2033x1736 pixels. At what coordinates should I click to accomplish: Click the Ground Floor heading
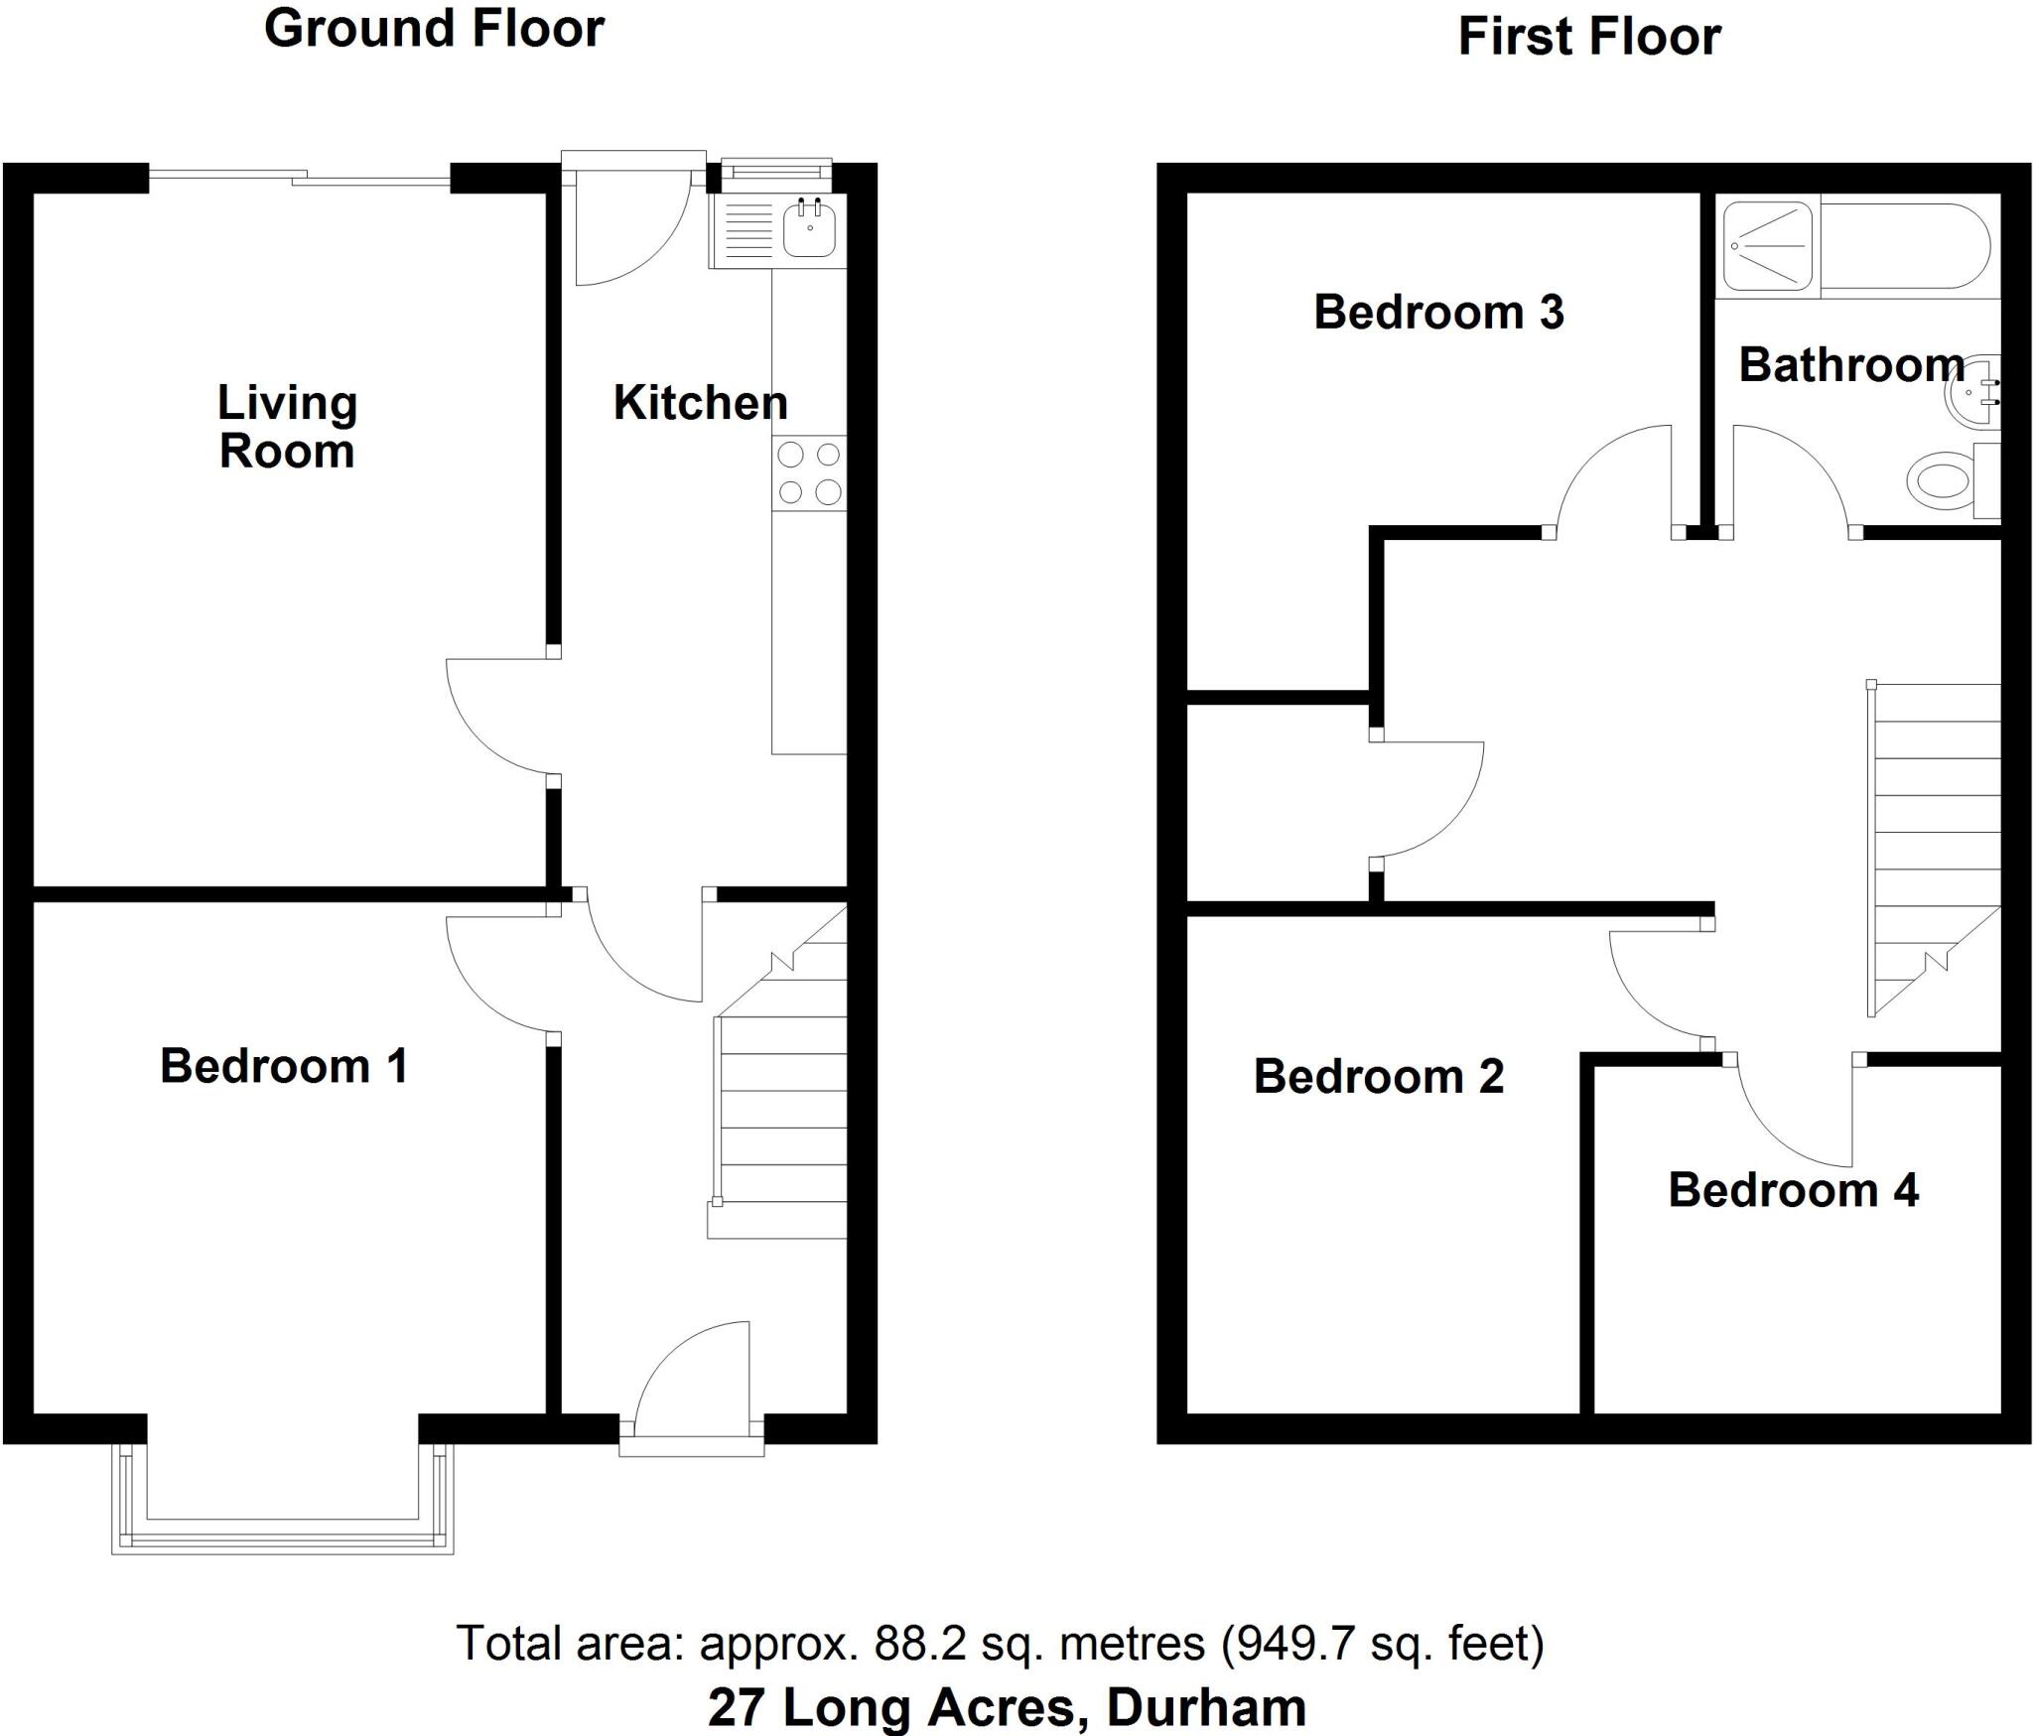point(434,29)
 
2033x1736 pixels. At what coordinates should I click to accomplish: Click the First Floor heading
point(1588,38)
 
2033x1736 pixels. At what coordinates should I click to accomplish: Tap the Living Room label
point(287,427)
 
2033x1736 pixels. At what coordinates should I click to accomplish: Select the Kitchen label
point(700,402)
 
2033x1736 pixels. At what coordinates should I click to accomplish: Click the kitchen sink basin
point(810,229)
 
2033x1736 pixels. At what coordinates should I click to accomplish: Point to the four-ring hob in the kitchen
point(809,473)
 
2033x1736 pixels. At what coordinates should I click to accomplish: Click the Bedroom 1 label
point(284,1066)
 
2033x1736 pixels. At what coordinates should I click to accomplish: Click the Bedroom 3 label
point(1438,313)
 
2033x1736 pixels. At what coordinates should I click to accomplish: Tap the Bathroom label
point(1851,365)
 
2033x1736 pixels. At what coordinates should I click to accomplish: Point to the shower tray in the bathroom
point(1767,246)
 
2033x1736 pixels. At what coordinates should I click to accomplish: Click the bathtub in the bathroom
point(1904,246)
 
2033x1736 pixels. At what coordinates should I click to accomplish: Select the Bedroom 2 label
point(1379,1077)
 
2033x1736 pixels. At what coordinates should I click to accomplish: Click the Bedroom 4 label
point(1793,1190)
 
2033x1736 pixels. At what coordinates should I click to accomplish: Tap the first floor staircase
point(1934,844)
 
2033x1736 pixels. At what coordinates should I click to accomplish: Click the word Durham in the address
point(1205,1707)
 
